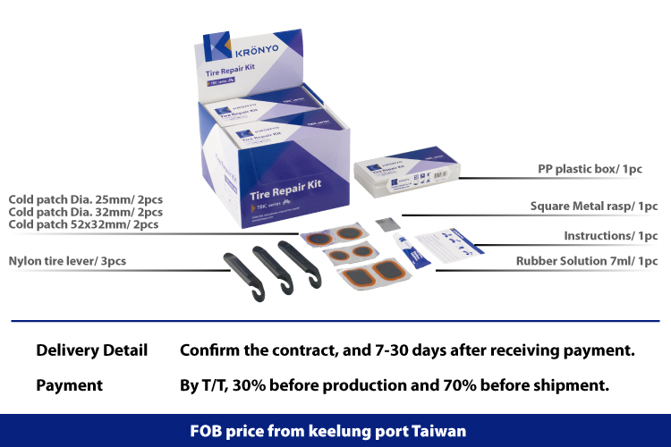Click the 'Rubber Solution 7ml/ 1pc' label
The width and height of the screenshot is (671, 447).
(x=586, y=261)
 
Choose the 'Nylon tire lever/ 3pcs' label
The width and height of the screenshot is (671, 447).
(x=67, y=261)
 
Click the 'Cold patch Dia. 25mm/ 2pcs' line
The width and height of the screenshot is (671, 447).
(x=85, y=198)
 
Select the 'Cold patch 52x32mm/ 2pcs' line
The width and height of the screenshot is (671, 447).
(x=83, y=224)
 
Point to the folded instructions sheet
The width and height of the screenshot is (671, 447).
(x=453, y=243)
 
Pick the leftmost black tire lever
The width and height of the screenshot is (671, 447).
(x=241, y=267)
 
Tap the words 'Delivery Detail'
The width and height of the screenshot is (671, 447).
(x=91, y=350)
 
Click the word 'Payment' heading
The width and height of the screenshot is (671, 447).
(x=69, y=385)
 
